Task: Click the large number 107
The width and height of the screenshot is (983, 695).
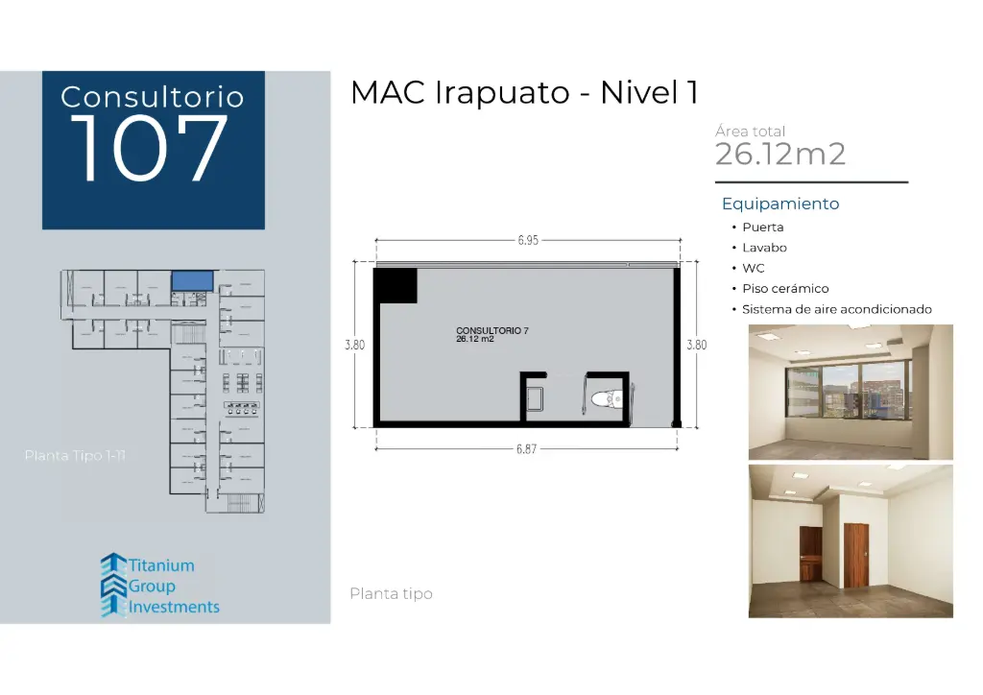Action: pyautogui.click(x=149, y=150)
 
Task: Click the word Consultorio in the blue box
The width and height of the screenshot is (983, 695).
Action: pyautogui.click(x=153, y=97)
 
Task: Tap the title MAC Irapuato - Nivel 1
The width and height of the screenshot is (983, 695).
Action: pyautogui.click(x=524, y=93)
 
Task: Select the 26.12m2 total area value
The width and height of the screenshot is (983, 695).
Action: pyautogui.click(x=780, y=154)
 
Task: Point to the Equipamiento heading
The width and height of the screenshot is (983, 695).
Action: pyautogui.click(x=780, y=204)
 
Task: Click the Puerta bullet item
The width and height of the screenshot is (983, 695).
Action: pyautogui.click(x=762, y=228)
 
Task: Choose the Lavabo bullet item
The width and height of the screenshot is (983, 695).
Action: pyautogui.click(x=764, y=248)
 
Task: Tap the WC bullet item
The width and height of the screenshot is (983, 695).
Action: pyautogui.click(x=754, y=269)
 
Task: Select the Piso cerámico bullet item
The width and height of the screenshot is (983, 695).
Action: pyautogui.click(x=785, y=289)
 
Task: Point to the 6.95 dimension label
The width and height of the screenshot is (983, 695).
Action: pyautogui.click(x=527, y=241)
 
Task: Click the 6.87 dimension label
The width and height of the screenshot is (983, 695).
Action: pyautogui.click(x=526, y=449)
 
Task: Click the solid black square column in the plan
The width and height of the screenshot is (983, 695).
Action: pyautogui.click(x=395, y=285)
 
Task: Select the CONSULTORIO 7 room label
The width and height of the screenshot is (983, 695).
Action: pyautogui.click(x=491, y=330)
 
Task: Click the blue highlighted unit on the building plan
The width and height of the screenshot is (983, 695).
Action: pyautogui.click(x=192, y=279)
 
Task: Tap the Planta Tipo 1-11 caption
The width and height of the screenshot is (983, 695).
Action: pyautogui.click(x=75, y=455)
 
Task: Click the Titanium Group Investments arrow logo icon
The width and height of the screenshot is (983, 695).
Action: pyautogui.click(x=113, y=584)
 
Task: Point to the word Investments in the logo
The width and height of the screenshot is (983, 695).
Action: pyautogui.click(x=174, y=607)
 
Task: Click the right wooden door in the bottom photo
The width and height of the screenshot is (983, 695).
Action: pyautogui.click(x=855, y=553)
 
